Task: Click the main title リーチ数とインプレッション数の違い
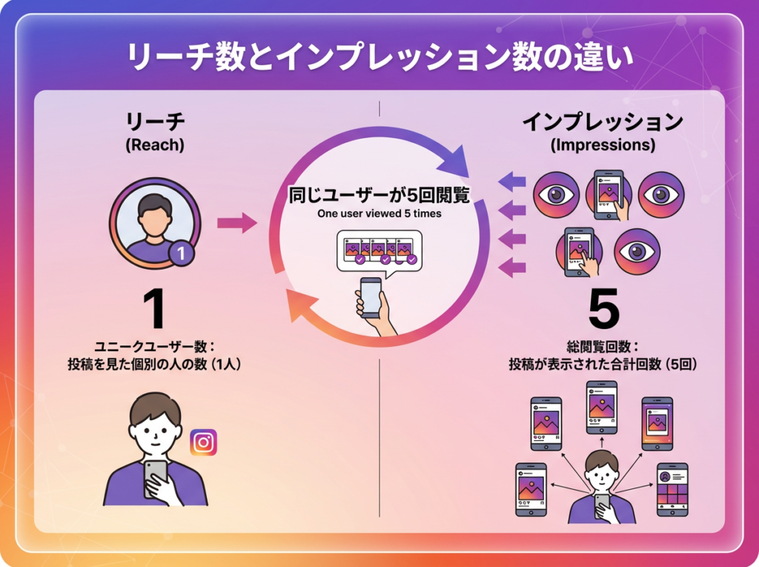[x=380, y=58]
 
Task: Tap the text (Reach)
[x=155, y=145]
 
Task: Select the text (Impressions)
[x=603, y=145]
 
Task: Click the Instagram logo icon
[x=203, y=442]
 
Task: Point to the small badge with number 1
[x=181, y=253]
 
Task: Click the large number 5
[x=603, y=309]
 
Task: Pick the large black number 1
[x=155, y=309]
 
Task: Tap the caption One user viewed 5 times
[x=379, y=213]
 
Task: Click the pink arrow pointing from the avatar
[x=237, y=223]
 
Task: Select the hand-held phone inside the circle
[x=372, y=298]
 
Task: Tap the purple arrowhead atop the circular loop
[x=454, y=160]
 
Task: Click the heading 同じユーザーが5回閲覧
[x=379, y=195]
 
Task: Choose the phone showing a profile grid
[x=672, y=489]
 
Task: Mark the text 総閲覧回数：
[x=603, y=347]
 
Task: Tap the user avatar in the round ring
[x=155, y=223]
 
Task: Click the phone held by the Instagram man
[x=156, y=478]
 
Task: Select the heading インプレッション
[x=603, y=122]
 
